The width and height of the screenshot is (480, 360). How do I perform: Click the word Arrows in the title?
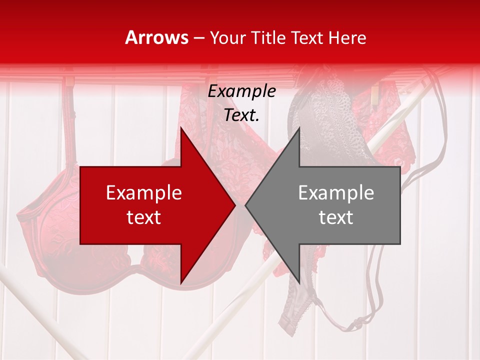click(x=157, y=37)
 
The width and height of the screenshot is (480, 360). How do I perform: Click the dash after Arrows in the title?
click(x=199, y=38)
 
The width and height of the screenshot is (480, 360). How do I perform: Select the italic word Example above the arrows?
click(x=242, y=91)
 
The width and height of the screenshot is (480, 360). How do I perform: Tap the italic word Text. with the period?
click(x=242, y=115)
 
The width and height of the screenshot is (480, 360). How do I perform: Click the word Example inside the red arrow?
click(x=144, y=193)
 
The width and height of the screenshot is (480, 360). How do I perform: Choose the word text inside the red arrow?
click(x=144, y=217)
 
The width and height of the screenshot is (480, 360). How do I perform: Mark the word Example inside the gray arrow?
click(x=336, y=193)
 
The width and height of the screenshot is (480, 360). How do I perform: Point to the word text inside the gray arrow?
click(x=336, y=217)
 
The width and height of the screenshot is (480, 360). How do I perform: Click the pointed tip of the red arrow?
click(x=234, y=205)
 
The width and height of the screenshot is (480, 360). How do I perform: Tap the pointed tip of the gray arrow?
click(x=246, y=205)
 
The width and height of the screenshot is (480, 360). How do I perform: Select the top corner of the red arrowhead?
click(x=181, y=128)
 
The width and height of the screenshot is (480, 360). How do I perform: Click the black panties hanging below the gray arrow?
click(x=297, y=300)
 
